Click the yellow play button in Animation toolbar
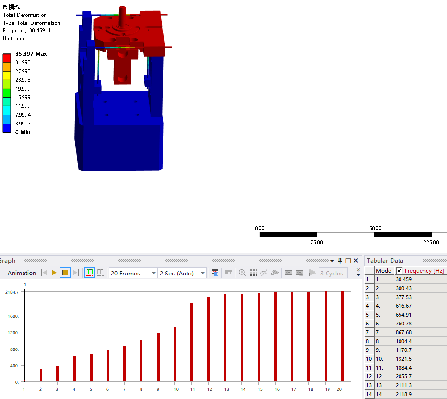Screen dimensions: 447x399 (54, 273)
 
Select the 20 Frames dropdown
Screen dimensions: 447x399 (133, 273)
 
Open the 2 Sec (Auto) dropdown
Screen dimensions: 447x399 (182, 273)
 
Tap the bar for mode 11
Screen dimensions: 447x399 (191, 343)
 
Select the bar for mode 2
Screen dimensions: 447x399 (41, 375)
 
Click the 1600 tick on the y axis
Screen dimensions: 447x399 (13, 316)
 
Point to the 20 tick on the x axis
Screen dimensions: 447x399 (339, 389)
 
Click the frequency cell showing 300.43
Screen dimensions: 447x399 (403, 288)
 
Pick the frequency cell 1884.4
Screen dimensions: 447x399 (403, 368)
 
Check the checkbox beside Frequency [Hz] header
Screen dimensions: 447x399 (399, 270)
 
